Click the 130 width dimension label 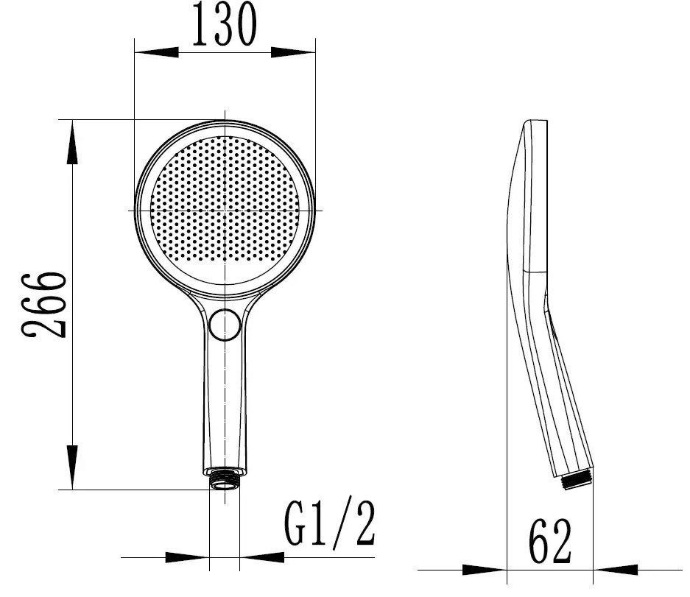224,24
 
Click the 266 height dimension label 44,305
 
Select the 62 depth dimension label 550,541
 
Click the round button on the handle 225,325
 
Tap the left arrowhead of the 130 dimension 156,52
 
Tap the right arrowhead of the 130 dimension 293,52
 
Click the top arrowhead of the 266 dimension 72,141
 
